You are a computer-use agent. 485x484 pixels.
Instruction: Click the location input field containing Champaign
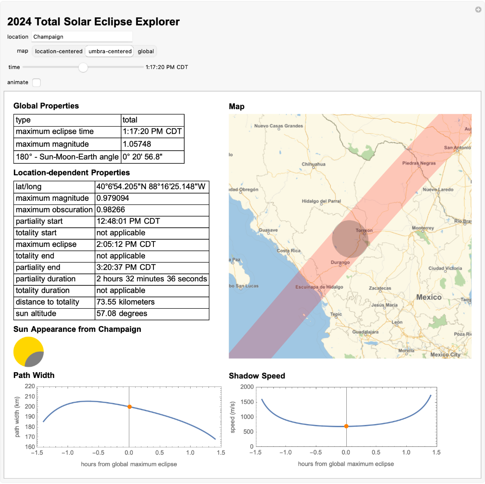click(x=81, y=37)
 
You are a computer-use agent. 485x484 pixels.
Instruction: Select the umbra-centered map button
click(x=110, y=51)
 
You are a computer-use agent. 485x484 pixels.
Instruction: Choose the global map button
click(x=146, y=51)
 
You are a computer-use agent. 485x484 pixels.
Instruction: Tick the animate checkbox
click(x=36, y=82)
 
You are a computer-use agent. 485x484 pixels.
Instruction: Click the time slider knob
click(x=83, y=67)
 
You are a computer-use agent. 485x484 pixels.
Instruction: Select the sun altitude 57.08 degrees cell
click(x=122, y=314)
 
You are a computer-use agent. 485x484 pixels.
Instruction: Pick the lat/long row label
click(x=29, y=187)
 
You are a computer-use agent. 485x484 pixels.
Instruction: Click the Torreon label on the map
click(x=364, y=230)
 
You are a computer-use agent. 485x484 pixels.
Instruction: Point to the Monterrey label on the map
click(x=423, y=228)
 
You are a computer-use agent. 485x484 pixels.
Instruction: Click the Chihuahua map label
click(x=313, y=164)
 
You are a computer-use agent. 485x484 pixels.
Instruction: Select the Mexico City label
click(x=445, y=354)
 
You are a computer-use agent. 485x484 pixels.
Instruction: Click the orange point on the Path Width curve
click(x=129, y=407)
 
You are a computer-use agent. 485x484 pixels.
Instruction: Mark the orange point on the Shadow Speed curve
click(x=346, y=426)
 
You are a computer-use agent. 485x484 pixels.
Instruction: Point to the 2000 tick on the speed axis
click(x=247, y=387)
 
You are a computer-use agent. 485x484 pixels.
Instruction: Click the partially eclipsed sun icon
click(x=29, y=352)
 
